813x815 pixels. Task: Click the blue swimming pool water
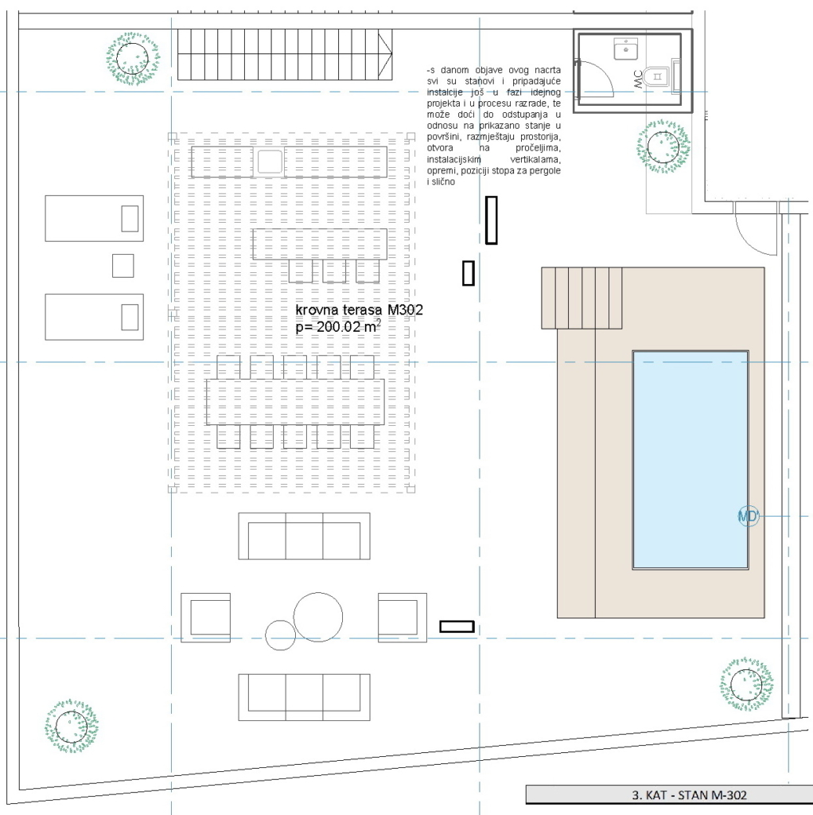point(690,460)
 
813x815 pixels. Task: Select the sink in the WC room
point(625,49)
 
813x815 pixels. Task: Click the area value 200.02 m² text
point(338,326)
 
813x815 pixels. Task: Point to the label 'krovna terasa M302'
point(359,310)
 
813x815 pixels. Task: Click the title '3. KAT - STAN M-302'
point(690,795)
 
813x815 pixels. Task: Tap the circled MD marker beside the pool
point(748,516)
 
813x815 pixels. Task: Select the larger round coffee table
point(318,617)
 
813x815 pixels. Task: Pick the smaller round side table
point(281,635)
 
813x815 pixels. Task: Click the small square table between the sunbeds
point(123,266)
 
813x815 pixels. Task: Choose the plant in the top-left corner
point(133,59)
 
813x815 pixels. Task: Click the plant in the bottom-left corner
point(71,726)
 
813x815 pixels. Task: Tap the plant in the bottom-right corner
point(746,684)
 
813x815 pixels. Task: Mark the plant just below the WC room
point(663,146)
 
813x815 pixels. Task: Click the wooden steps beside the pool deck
point(582,298)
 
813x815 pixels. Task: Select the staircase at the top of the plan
point(285,55)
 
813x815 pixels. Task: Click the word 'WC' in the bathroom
point(638,80)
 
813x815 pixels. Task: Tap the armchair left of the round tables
point(206,618)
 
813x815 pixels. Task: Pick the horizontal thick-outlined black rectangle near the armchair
point(457,626)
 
